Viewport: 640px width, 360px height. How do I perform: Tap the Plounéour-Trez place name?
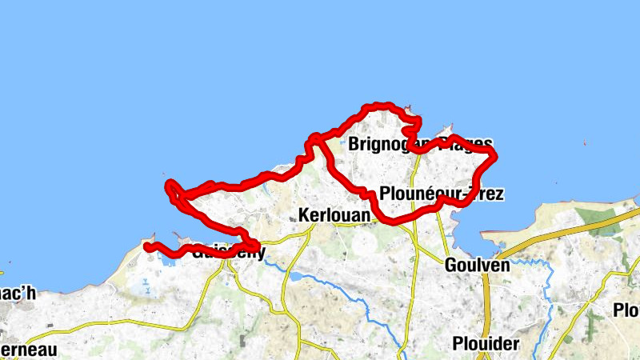[x=442, y=194]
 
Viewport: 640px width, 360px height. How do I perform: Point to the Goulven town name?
[x=477, y=266]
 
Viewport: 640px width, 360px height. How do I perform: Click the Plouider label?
[x=486, y=343]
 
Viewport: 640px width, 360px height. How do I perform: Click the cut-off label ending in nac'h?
[x=18, y=294]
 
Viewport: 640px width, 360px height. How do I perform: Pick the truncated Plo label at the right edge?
[x=626, y=310]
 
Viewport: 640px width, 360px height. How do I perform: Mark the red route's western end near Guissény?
[x=148, y=246]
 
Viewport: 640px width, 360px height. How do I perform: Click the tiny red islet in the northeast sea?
[x=585, y=144]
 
